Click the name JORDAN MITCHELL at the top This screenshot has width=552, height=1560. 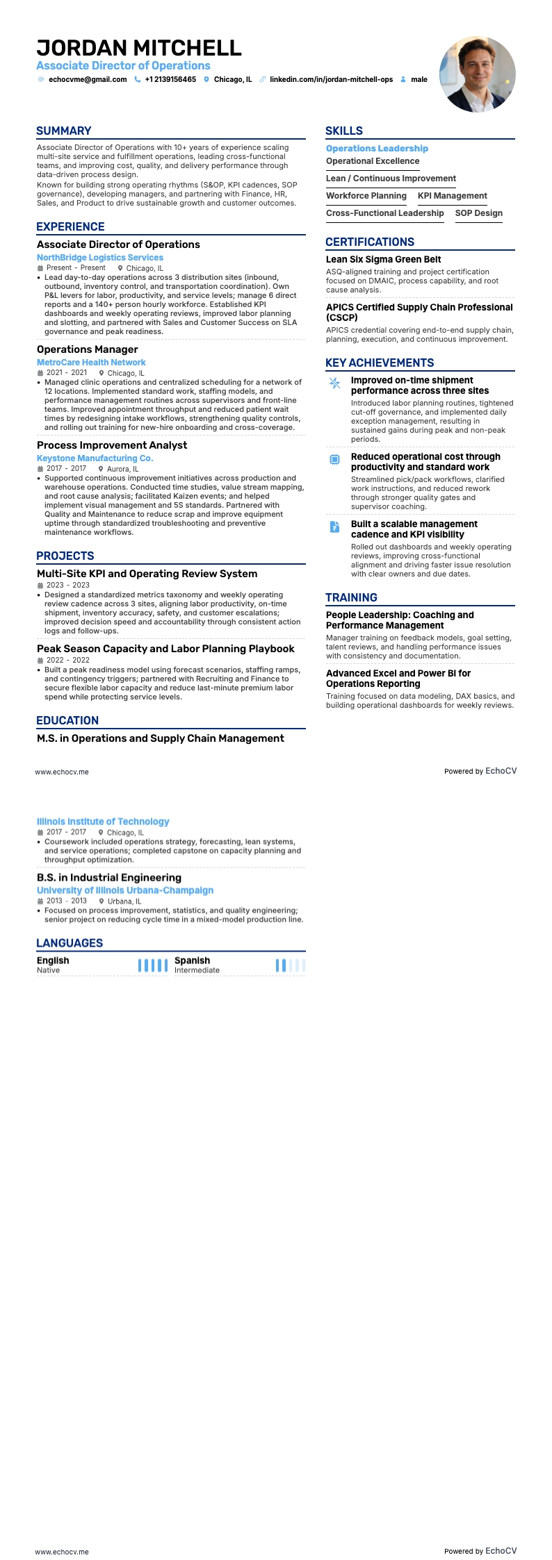pyautogui.click(x=139, y=48)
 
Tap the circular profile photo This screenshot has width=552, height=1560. pyautogui.click(x=477, y=75)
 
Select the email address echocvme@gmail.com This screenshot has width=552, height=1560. pyautogui.click(x=88, y=80)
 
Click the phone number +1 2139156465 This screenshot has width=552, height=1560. pyautogui.click(x=170, y=80)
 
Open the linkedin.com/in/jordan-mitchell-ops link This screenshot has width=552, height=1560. pyautogui.click(x=331, y=80)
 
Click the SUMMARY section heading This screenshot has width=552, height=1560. pyautogui.click(x=64, y=131)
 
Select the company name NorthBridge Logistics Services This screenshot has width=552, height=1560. pyautogui.click(x=100, y=258)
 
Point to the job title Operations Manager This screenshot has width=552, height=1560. pyautogui.click(x=88, y=349)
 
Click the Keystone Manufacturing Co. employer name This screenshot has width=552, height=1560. pyautogui.click(x=95, y=458)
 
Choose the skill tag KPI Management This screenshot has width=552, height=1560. pyautogui.click(x=452, y=196)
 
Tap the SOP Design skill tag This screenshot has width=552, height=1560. pyautogui.click(x=478, y=213)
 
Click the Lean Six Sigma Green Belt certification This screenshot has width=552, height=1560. pyautogui.click(x=383, y=259)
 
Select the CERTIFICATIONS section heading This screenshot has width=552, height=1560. pyautogui.click(x=370, y=242)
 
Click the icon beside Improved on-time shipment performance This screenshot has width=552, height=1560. pyautogui.click(x=334, y=383)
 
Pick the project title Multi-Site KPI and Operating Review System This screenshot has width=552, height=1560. pyautogui.click(x=147, y=574)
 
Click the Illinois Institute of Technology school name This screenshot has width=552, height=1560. pyautogui.click(x=103, y=822)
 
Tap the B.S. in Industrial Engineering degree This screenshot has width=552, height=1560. pyautogui.click(x=109, y=877)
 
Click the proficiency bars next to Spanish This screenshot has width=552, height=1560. pyautogui.click(x=290, y=965)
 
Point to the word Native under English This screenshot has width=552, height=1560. pyautogui.click(x=48, y=970)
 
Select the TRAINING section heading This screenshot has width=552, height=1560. pyautogui.click(x=351, y=597)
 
